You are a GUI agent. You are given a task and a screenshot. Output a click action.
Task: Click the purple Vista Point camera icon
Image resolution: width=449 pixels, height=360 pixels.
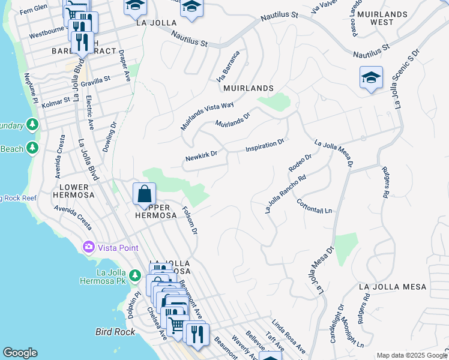point(89,247)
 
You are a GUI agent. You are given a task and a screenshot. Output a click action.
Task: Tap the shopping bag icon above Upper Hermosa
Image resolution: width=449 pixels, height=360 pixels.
point(144,194)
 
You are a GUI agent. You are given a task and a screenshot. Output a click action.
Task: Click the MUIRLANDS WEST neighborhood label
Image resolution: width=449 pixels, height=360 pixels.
point(374,17)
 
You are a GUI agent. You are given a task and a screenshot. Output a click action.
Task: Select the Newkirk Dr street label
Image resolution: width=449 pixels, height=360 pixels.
point(200,158)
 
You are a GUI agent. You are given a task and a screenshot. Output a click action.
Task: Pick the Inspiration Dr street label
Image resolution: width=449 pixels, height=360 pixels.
point(264,146)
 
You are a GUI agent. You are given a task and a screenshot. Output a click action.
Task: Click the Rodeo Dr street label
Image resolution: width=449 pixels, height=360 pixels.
point(300,162)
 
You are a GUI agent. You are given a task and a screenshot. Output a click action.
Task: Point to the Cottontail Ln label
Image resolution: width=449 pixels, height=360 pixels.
point(314,206)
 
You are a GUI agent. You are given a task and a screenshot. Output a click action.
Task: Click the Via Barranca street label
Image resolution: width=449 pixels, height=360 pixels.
point(229,66)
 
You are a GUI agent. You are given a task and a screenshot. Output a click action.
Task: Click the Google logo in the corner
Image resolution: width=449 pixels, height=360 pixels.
point(20,353)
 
